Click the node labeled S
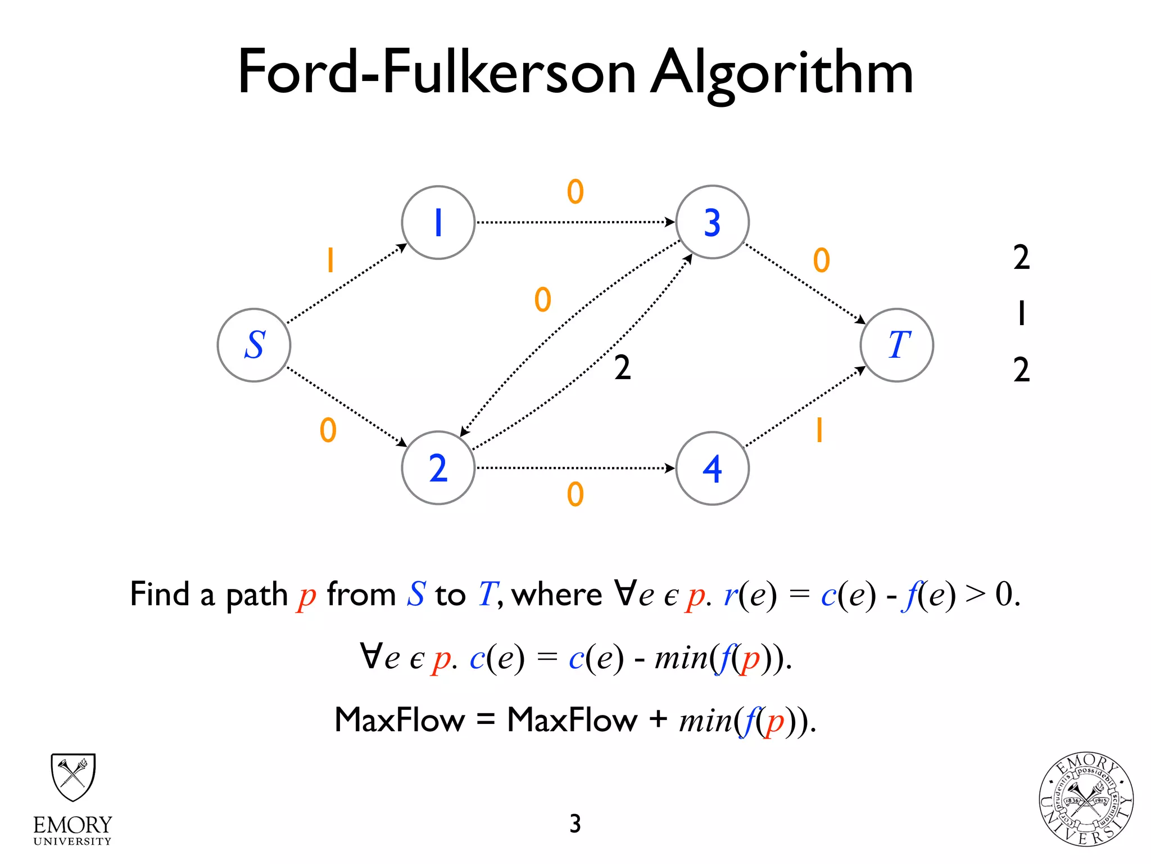(254, 345)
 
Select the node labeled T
(897, 345)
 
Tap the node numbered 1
(438, 222)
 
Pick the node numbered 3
(712, 222)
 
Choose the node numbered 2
(438, 467)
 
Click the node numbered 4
(712, 468)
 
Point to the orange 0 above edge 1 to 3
(575, 192)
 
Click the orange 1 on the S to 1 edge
(330, 260)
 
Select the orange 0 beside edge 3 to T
(821, 260)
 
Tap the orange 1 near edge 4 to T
(819, 431)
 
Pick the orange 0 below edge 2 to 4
(575, 494)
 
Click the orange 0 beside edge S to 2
(328, 431)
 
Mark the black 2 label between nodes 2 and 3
(622, 368)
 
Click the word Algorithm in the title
(781, 73)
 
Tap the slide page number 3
(575, 823)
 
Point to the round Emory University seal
(1086, 799)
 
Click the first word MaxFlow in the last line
(400, 719)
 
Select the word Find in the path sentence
(160, 594)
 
